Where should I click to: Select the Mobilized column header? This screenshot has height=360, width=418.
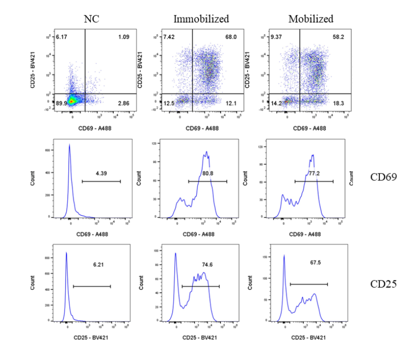pos(311,20)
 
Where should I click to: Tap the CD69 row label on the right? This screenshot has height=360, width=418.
pos(383,177)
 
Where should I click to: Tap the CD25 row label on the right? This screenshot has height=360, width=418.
pos(383,284)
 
